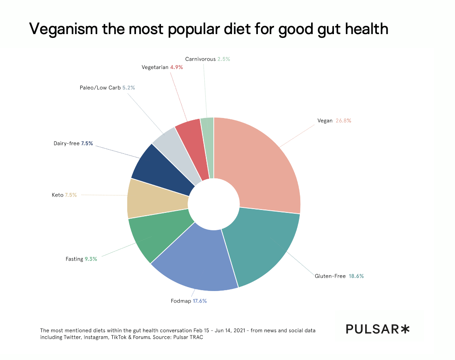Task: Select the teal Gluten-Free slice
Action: point(262,245)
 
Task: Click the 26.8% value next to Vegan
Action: point(343,121)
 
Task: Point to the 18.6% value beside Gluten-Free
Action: point(356,276)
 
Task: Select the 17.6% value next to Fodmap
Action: point(199,301)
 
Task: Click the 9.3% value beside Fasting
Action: point(91,259)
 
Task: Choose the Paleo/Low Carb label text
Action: point(100,88)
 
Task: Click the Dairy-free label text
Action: point(66,144)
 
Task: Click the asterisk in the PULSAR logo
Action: point(405,329)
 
